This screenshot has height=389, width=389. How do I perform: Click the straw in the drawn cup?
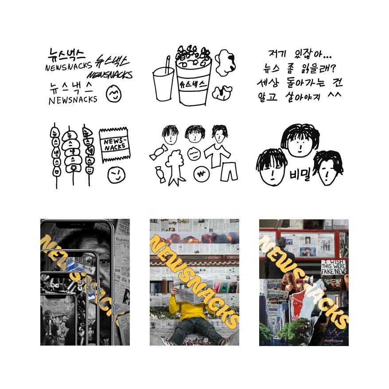coord(168,65)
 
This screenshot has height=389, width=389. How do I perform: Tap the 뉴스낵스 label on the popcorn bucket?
coord(192,82)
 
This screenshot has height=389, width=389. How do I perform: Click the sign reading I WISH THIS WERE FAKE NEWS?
coord(334,267)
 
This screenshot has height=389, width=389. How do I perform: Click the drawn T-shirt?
coord(218,153)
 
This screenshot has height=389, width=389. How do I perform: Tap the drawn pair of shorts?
coord(229,171)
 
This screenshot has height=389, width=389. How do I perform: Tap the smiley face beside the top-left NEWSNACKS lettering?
coord(114,93)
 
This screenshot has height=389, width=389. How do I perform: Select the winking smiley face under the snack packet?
coord(116,175)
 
